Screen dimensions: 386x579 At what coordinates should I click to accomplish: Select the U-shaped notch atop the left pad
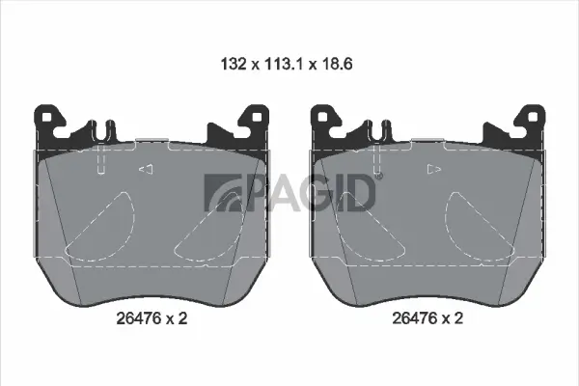click(104, 127)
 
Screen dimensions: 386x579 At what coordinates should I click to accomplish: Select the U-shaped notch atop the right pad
click(381, 127)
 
